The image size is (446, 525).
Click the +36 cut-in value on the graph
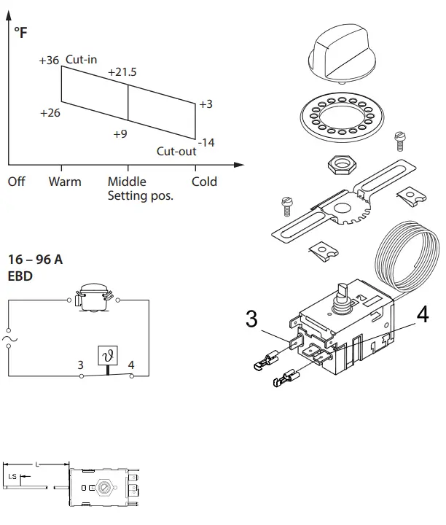coord(49,61)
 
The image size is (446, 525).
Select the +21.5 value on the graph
coord(122,73)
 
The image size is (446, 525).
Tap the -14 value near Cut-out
coord(206,142)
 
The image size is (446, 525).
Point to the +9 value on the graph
coord(120,133)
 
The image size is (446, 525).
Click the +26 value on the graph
coord(50,113)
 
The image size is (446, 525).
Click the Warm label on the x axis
coord(65,182)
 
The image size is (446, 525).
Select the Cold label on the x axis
coord(204,182)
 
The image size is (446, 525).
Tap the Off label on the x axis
coord(16,182)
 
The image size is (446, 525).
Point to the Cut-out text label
coord(176,152)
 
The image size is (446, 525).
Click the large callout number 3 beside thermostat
coord(251,319)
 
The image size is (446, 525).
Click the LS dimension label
coord(12,476)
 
